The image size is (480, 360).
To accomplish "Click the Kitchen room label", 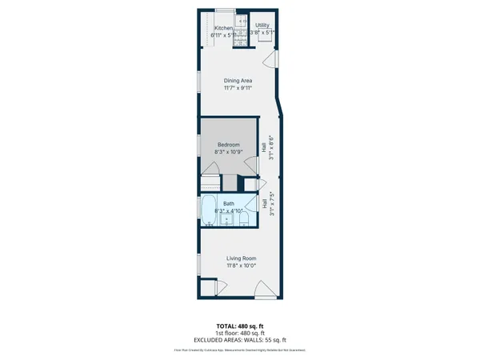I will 222,28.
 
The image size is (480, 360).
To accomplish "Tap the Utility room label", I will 263,26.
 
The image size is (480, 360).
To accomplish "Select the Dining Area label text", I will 238,80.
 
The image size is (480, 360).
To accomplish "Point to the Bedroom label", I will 228,145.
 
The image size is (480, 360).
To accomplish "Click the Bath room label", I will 228,204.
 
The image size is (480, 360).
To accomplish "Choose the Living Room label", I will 240,258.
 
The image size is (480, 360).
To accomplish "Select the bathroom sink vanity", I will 226,218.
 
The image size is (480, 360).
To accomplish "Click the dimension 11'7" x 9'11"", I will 238,89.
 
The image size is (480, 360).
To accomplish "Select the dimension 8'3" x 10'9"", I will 228,152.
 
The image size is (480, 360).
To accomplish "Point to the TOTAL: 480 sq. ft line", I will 239,326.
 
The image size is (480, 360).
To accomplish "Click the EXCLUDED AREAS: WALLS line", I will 239,339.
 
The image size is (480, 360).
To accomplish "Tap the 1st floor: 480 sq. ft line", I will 239,333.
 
